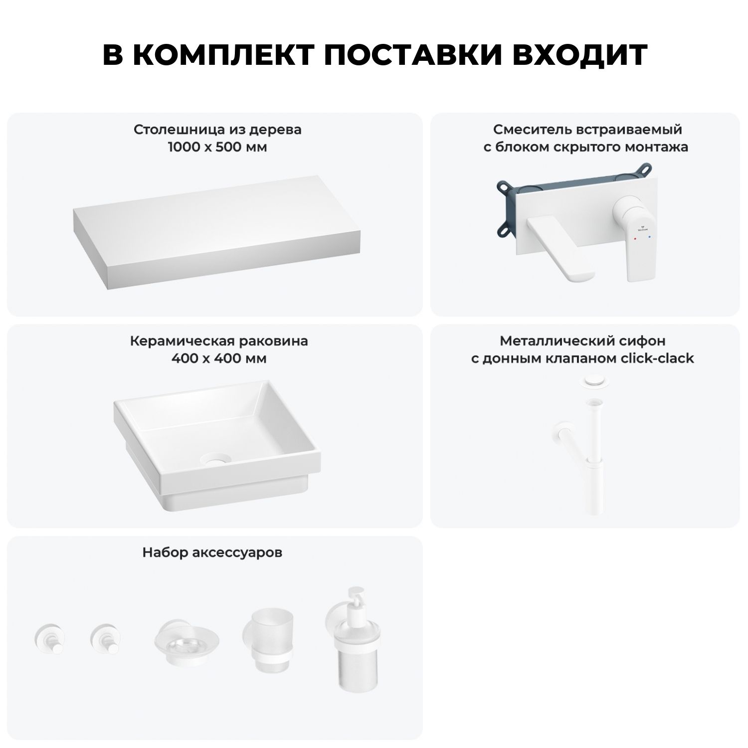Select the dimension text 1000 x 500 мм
(217, 147)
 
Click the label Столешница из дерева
(217, 130)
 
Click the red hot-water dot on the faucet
(635, 239)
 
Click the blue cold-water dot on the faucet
(648, 239)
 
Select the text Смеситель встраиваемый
(587, 130)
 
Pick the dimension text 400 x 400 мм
(218, 359)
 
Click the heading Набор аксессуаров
(212, 553)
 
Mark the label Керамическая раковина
(219, 341)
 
